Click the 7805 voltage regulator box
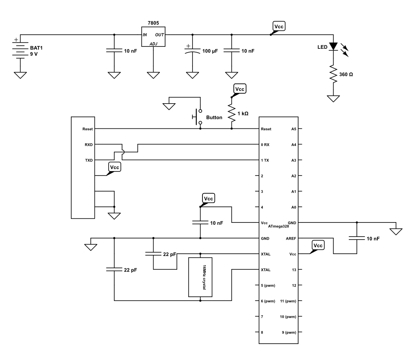[153, 37]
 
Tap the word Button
[214, 117]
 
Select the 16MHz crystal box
[200, 277]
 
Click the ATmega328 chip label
[278, 226]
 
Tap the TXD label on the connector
[88, 160]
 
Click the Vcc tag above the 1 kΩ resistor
[240, 89]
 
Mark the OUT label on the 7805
[160, 35]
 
